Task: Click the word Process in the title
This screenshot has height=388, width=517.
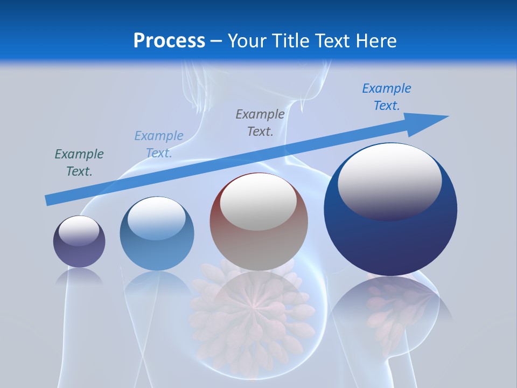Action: click(x=169, y=41)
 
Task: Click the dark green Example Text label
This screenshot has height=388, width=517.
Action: click(x=79, y=163)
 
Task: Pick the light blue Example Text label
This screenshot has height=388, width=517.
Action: click(x=159, y=144)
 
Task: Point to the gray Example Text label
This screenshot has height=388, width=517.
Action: click(x=260, y=122)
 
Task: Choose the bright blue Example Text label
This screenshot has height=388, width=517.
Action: click(x=387, y=97)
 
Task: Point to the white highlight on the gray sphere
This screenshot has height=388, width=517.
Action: click(x=258, y=202)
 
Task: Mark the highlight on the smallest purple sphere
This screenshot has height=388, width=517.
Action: click(x=79, y=231)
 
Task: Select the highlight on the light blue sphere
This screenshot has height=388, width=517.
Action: click(x=157, y=217)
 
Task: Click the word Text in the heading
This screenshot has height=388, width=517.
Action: click(x=332, y=41)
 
